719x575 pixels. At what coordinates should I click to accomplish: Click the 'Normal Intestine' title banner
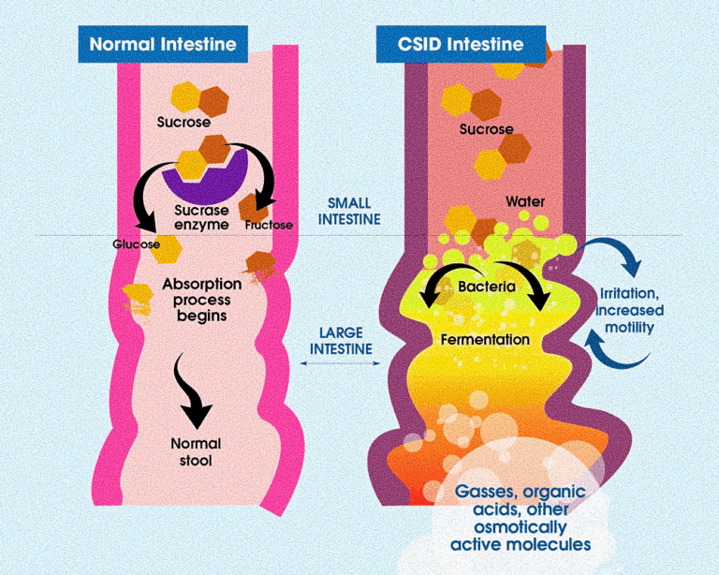[x=163, y=44]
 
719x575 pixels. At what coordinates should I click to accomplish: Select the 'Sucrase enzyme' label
[x=202, y=217]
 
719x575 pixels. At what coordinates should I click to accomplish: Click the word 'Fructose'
[x=269, y=226]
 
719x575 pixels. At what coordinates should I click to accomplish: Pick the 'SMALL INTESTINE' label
[x=348, y=211]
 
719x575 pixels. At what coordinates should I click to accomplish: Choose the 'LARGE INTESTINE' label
[x=346, y=340]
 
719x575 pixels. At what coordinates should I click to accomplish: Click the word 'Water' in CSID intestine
[x=524, y=201]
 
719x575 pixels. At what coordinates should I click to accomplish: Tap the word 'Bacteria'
[x=487, y=287]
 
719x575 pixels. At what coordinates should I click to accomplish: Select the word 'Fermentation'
[x=486, y=340]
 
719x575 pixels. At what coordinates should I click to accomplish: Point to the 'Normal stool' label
[x=196, y=451]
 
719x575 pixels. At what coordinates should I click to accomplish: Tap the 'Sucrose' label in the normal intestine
[x=183, y=122]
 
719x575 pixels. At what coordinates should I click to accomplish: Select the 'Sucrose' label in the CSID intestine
[x=486, y=129]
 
